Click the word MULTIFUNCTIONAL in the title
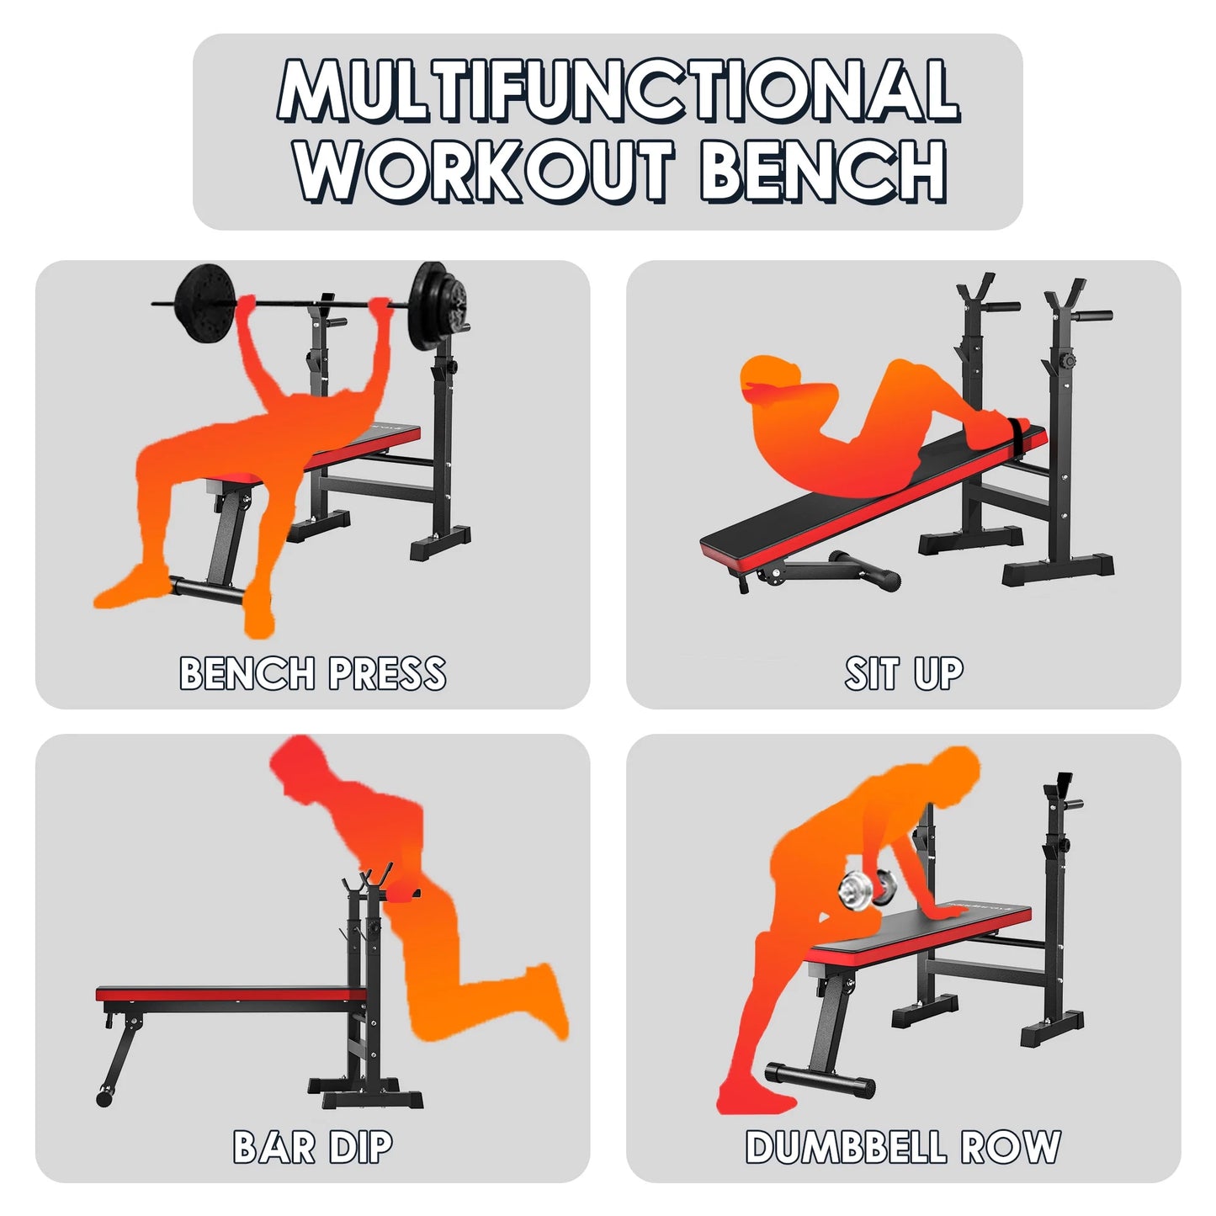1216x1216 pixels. coord(619,90)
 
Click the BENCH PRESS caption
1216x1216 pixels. coord(312,673)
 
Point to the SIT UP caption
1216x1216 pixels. coord(904,673)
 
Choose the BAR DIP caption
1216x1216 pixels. coord(312,1147)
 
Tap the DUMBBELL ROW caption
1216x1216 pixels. coord(903,1147)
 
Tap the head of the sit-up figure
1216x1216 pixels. coord(770,380)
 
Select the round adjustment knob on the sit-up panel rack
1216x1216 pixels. coord(1069,361)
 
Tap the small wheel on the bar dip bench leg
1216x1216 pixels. coord(104,1097)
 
